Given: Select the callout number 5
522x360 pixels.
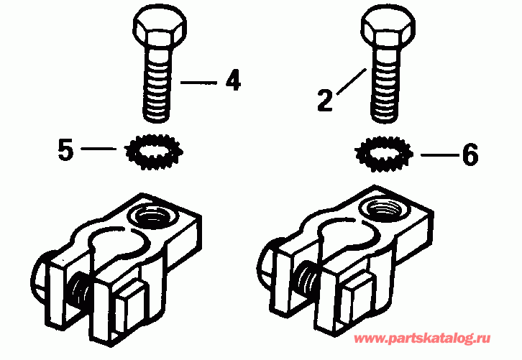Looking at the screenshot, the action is pyautogui.click(x=65, y=152).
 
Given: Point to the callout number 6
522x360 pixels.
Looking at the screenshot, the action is pyautogui.click(x=470, y=155).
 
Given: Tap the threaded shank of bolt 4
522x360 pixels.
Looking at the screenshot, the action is pyautogui.click(x=158, y=90).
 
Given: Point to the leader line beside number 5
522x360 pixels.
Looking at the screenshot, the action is pyautogui.click(x=99, y=149).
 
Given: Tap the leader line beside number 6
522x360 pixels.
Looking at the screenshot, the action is pyautogui.click(x=435, y=155).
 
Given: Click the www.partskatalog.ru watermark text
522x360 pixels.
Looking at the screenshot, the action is pyautogui.click(x=423, y=338).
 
